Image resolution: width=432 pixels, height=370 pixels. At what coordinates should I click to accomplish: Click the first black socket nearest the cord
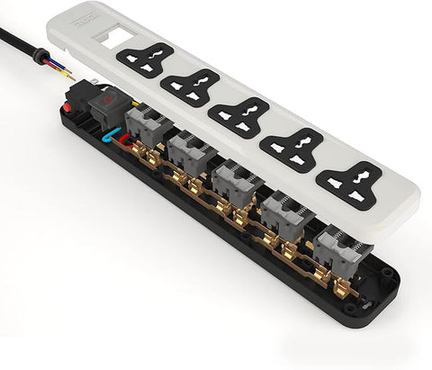click(144, 59)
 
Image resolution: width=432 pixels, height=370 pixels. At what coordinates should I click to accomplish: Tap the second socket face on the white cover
click(191, 87)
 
